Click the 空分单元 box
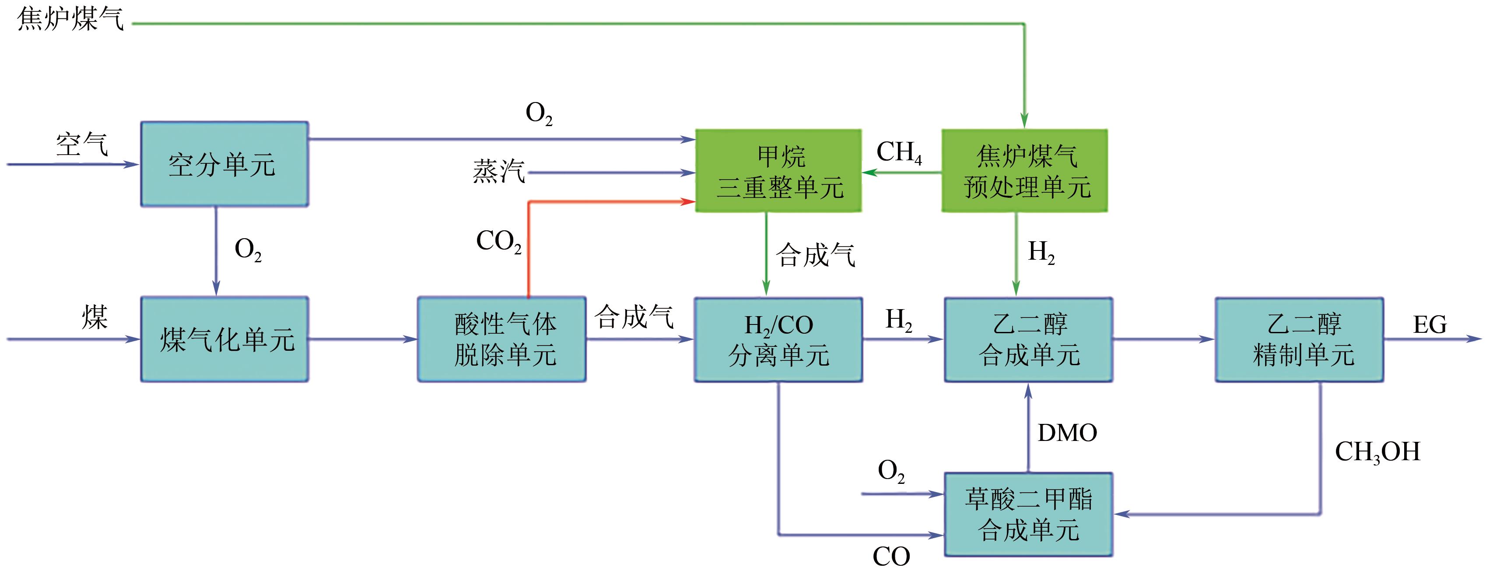[x=224, y=164]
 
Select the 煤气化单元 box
[x=224, y=339]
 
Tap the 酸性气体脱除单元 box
[x=502, y=339]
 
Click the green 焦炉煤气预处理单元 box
[x=1024, y=171]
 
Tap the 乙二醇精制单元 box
[x=1300, y=339]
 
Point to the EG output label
[x=1430, y=324]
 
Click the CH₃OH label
[x=1377, y=452]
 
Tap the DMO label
[x=1067, y=433]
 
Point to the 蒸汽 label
[x=498, y=172]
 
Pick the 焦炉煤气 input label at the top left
[x=70, y=18]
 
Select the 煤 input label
[x=95, y=317]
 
